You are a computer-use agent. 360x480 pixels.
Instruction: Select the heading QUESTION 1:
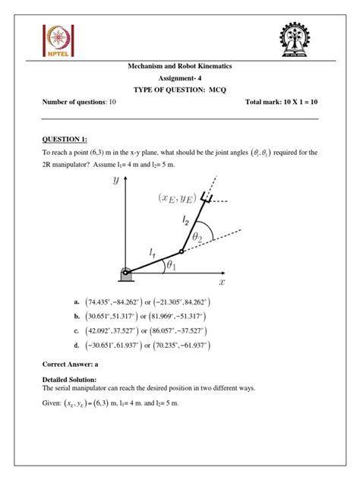pyautogui.click(x=65, y=139)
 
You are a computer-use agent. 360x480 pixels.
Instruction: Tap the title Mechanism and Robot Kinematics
pyautogui.click(x=180, y=67)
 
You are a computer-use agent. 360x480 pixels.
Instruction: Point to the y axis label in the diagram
pyautogui.click(x=115, y=180)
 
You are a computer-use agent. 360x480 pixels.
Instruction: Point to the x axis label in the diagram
pyautogui.click(x=222, y=282)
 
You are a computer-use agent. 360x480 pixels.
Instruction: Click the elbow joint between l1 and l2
pyautogui.click(x=180, y=251)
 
